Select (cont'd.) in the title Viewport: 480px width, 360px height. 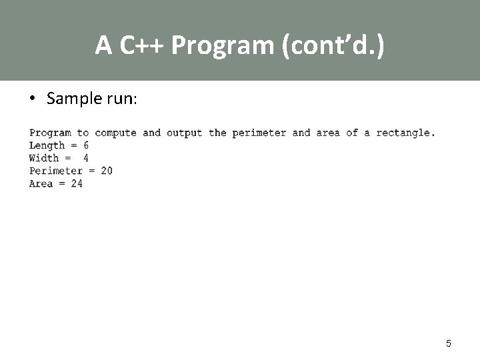333,45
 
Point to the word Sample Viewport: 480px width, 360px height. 71,99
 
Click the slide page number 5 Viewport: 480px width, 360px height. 448,343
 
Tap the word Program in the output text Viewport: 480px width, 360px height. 50,133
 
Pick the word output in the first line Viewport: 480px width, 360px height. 184,133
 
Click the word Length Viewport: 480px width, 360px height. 47,145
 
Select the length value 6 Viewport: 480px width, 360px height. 86,145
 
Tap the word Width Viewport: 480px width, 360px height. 44,158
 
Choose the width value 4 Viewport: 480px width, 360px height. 86,158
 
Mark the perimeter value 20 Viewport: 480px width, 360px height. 107,171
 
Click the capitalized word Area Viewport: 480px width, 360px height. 41,183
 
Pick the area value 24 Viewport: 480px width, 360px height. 77,183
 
